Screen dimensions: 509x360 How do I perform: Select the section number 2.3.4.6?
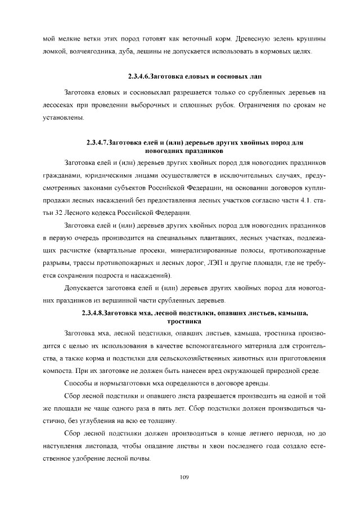[142, 76]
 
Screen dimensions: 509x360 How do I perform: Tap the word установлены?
[64, 118]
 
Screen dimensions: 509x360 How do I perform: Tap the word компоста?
[58, 371]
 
